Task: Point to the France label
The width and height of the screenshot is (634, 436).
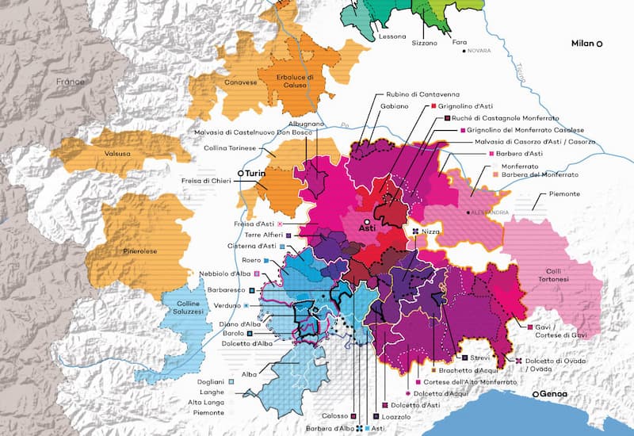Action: click(x=70, y=82)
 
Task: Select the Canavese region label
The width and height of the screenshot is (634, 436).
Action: click(x=225, y=80)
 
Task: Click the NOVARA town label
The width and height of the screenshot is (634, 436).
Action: click(x=480, y=51)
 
